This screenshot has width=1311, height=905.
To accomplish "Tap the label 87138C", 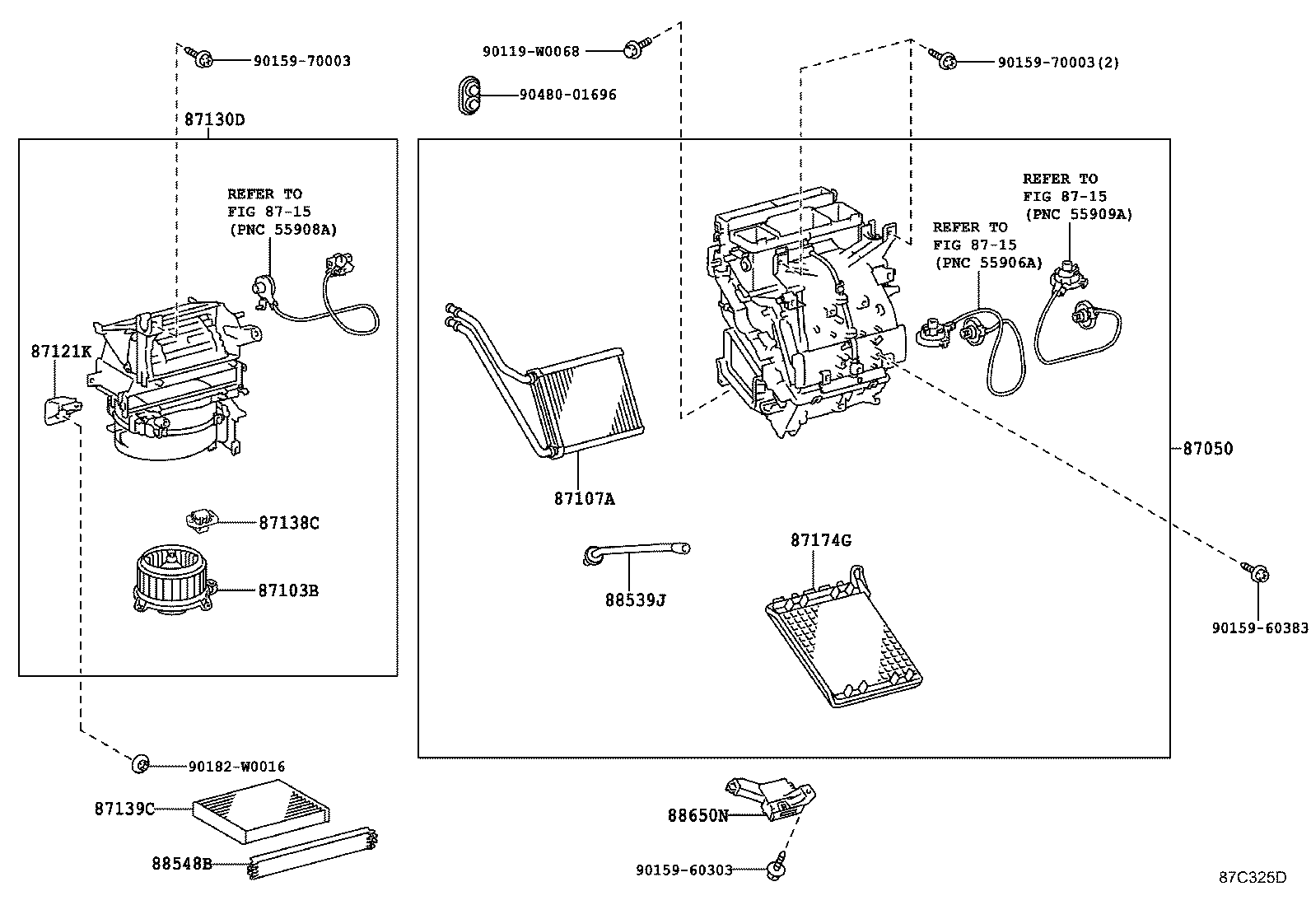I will point(288,522).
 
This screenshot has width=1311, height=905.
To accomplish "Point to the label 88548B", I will point(181,864).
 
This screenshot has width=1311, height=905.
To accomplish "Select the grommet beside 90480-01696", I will point(471,96).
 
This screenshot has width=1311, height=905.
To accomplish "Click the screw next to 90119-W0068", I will point(636,49).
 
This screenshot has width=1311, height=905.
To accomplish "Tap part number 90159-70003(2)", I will point(1058,62).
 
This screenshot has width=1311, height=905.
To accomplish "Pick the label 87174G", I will point(820,540).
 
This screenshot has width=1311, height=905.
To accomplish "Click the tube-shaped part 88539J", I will point(634,552).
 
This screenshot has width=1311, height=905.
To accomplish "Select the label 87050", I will point(1207,449).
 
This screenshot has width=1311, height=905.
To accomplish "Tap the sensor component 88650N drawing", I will point(774,799).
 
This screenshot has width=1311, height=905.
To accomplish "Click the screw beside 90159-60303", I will point(776,866).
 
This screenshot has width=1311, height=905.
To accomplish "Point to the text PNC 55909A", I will point(1079,214).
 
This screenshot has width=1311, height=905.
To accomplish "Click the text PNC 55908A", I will point(282,229).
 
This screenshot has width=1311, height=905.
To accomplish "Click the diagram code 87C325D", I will point(1252,877).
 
